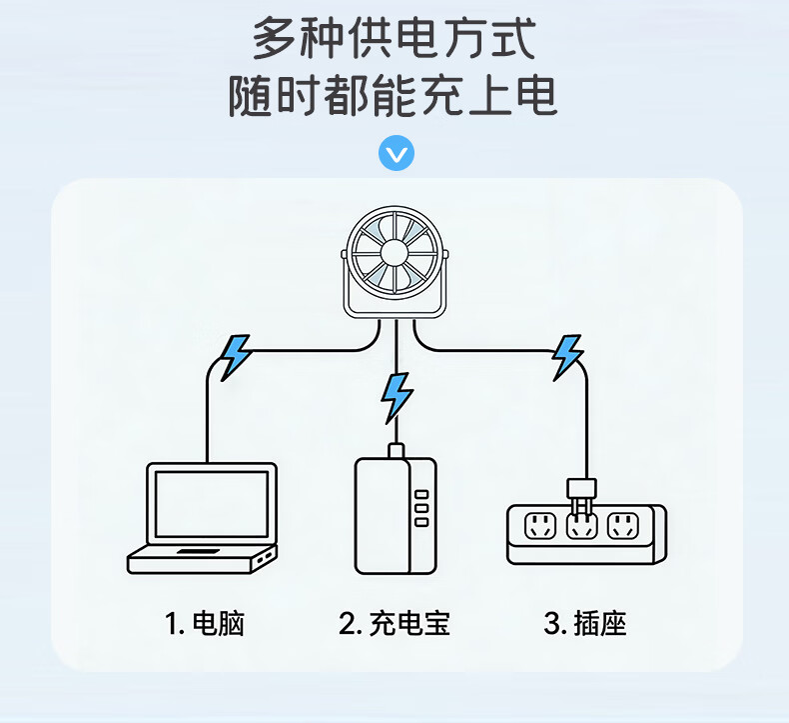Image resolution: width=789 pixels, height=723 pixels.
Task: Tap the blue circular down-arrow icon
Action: pos(396,154)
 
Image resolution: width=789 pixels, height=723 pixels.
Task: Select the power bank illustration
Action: pos(396,515)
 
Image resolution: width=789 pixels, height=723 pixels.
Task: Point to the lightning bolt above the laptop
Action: pos(236,355)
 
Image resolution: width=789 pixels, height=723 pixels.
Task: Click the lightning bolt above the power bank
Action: pos(397,396)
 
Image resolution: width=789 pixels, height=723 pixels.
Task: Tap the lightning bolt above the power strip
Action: pos(567,355)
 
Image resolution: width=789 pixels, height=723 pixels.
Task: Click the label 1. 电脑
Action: pos(205,625)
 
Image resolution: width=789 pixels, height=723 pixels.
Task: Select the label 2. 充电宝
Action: pos(395,625)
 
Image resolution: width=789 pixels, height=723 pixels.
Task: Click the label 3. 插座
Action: pos(585,625)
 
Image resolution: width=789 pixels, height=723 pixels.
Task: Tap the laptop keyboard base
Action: pos(201,560)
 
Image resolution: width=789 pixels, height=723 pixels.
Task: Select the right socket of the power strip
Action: pos(623,525)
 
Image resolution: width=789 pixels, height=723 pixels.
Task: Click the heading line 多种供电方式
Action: pos(394,40)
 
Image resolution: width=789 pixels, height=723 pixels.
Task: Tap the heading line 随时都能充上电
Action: pos(394,97)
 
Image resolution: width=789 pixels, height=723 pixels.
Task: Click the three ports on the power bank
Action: pos(420,507)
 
